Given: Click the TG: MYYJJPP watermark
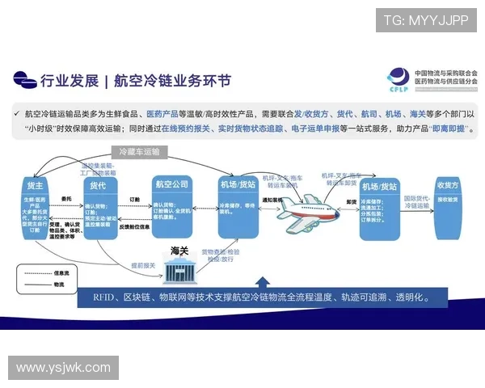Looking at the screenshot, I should [x=426, y=20].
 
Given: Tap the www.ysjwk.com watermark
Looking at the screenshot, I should [x=63, y=368].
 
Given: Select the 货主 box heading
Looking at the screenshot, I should [x=35, y=187].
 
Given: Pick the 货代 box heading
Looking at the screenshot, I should [x=98, y=186].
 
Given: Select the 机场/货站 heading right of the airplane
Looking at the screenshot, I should [x=379, y=185].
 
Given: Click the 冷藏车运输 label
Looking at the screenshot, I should [x=139, y=151].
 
